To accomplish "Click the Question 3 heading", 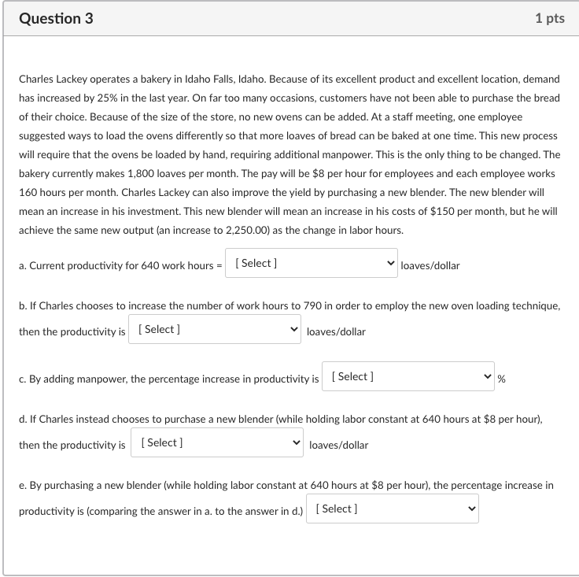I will pos(55,18).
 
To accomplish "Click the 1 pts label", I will pos(549,18).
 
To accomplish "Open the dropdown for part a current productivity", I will pos(312,264).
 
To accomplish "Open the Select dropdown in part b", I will pos(216,330).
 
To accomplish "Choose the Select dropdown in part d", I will pos(218,443).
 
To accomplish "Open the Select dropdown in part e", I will pos(393,509).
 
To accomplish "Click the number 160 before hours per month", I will pos(29,192).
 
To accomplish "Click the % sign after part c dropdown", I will pos(502,379).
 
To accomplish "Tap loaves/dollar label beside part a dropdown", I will pos(430,266).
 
